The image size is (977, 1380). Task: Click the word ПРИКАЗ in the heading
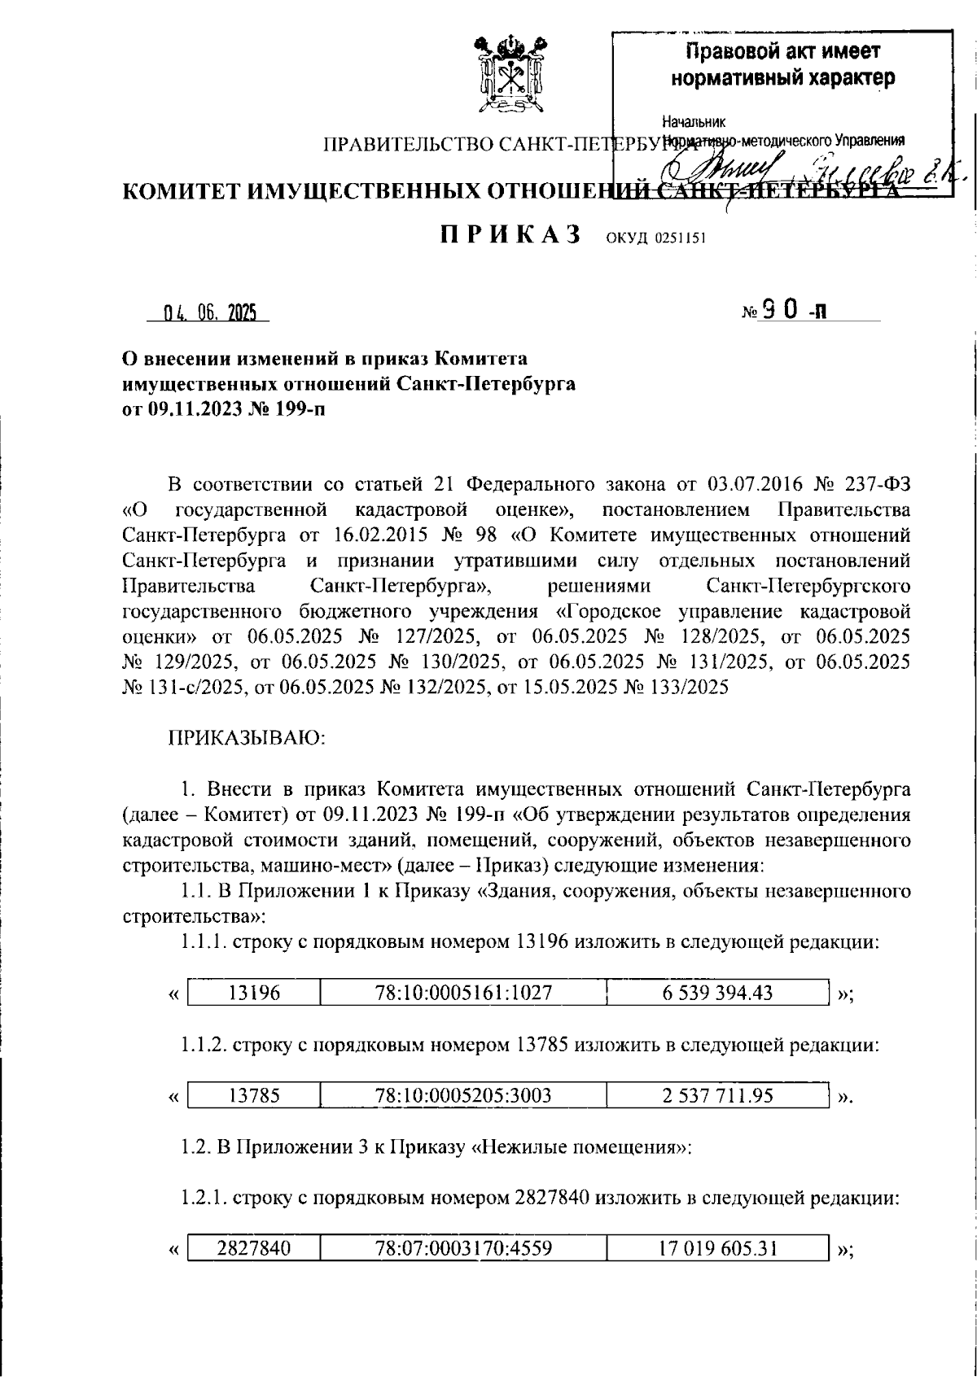510,235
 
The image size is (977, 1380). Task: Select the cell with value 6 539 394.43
716,993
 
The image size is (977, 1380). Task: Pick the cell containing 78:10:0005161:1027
463,993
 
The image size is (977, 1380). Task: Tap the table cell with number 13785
254,1096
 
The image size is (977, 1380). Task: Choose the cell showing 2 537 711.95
716,1096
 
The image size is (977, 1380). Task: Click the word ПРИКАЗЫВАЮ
247,738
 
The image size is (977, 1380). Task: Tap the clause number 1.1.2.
204,1045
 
